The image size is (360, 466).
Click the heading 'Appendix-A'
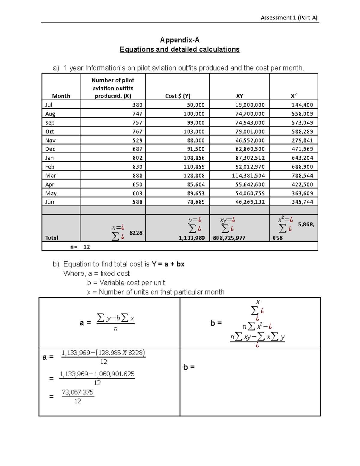(179, 40)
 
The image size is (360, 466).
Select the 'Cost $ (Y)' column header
(178, 96)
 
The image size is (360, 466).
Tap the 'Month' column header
(61, 96)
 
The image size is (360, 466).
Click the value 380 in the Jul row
(137, 105)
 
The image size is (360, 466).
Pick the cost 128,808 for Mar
(194, 176)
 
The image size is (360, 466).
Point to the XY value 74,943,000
(250, 123)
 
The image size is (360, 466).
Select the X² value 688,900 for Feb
(302, 167)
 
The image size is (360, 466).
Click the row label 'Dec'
(50, 149)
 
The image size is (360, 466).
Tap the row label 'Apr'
(49, 185)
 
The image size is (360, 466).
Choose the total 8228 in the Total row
(136, 233)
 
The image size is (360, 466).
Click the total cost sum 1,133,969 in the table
(192, 238)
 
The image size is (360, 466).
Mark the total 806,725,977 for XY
(229, 238)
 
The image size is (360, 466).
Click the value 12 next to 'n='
(87, 247)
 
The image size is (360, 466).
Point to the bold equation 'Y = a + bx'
(168, 264)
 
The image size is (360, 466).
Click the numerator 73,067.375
(78, 392)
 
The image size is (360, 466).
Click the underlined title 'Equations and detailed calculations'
(179, 50)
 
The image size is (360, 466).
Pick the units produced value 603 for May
(137, 194)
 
